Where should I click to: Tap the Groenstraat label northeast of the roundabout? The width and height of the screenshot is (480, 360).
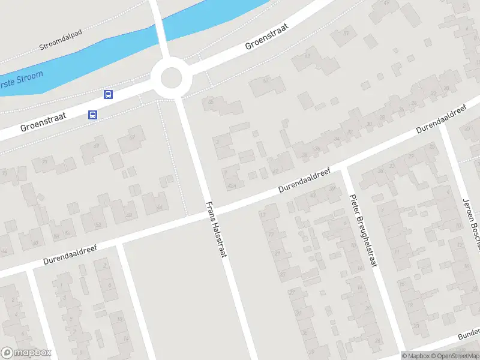point(267,37)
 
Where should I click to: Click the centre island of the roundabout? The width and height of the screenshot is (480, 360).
point(171,78)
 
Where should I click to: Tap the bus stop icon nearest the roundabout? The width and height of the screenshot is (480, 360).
point(109,94)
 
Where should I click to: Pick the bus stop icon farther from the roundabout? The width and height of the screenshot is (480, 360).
point(92,115)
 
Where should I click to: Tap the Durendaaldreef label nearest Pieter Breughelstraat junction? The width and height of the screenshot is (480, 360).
point(304,180)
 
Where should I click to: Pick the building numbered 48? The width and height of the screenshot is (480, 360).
point(128,215)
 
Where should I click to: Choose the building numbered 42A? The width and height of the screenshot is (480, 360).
point(231,185)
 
